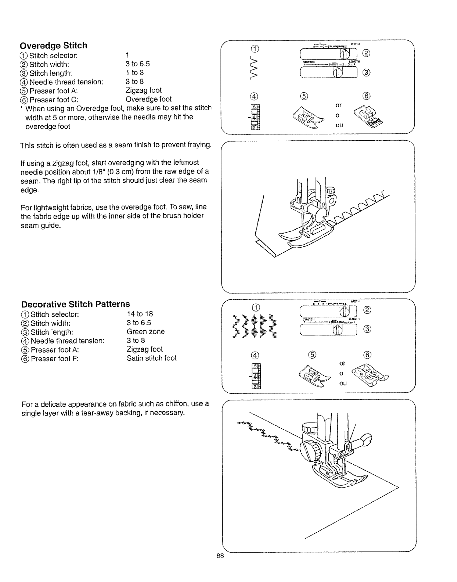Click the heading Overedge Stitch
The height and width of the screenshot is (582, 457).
[x=54, y=46]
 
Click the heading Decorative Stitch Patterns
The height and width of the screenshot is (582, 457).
[x=76, y=304]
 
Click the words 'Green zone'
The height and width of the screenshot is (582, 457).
[x=145, y=331]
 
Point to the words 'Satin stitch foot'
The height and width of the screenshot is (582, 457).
[x=151, y=358]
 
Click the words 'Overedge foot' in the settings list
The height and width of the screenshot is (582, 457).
[x=148, y=99]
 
